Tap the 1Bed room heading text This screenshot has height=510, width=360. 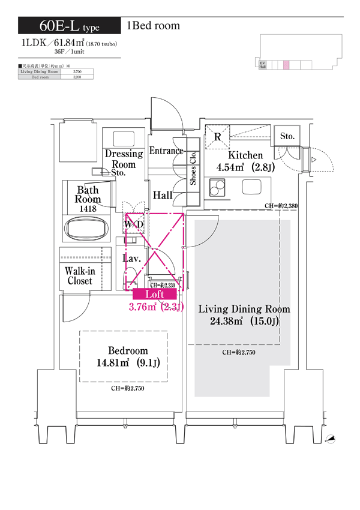coord(153,26)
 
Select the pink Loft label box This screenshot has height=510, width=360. coord(155,294)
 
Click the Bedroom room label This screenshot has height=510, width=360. coord(128,350)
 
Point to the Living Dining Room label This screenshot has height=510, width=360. coord(244,309)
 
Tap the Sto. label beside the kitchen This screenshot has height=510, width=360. coord(287,137)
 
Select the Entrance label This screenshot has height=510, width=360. coord(166,151)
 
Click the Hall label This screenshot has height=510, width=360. coord(163,195)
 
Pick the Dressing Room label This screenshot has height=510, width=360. coord(124,158)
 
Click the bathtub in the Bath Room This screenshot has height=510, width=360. coord(88,230)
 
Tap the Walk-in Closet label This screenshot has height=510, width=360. coord(80,276)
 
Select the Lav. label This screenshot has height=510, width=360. coord(131,259)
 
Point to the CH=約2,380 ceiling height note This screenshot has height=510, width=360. coord(281,206)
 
